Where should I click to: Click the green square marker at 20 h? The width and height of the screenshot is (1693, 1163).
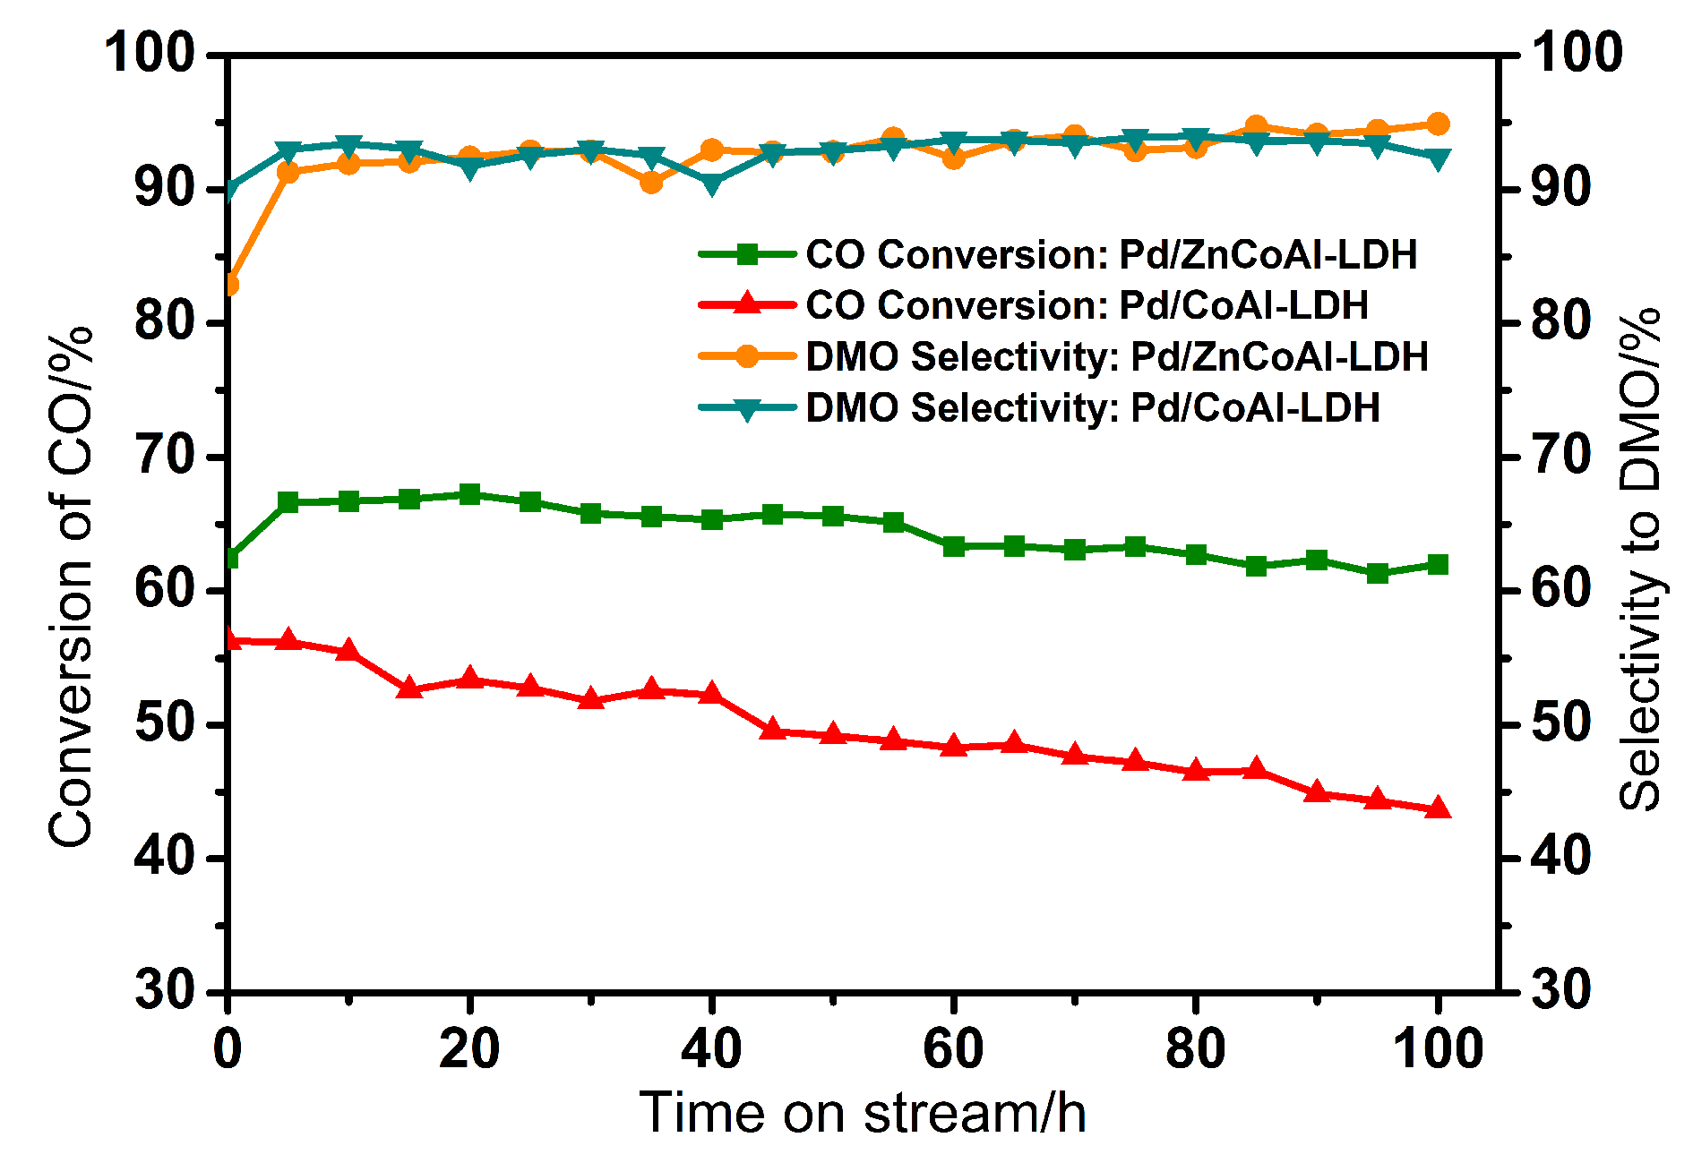[x=469, y=494]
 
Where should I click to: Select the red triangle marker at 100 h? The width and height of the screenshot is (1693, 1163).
[x=1438, y=808]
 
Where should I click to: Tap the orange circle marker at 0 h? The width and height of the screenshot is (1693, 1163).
[x=229, y=285]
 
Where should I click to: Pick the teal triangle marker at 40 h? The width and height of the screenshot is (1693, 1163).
[x=712, y=185]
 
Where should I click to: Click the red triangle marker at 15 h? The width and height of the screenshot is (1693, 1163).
[x=409, y=688]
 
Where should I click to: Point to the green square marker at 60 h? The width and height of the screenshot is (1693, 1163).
[x=954, y=546]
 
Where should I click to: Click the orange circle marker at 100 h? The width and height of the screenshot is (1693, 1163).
[x=1438, y=124]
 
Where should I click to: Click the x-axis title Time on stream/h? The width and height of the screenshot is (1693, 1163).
[x=863, y=1113]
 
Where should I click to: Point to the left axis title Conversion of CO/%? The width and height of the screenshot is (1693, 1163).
[x=72, y=586]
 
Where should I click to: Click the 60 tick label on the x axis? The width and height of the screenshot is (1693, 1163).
[x=953, y=1048]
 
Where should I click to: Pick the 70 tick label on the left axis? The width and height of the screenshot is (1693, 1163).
[x=165, y=457]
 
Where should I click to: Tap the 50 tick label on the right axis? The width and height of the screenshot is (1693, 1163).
[x=1561, y=724]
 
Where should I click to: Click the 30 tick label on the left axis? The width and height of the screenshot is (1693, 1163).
[x=165, y=991]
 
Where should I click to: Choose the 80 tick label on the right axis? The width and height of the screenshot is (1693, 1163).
[x=1561, y=322]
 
